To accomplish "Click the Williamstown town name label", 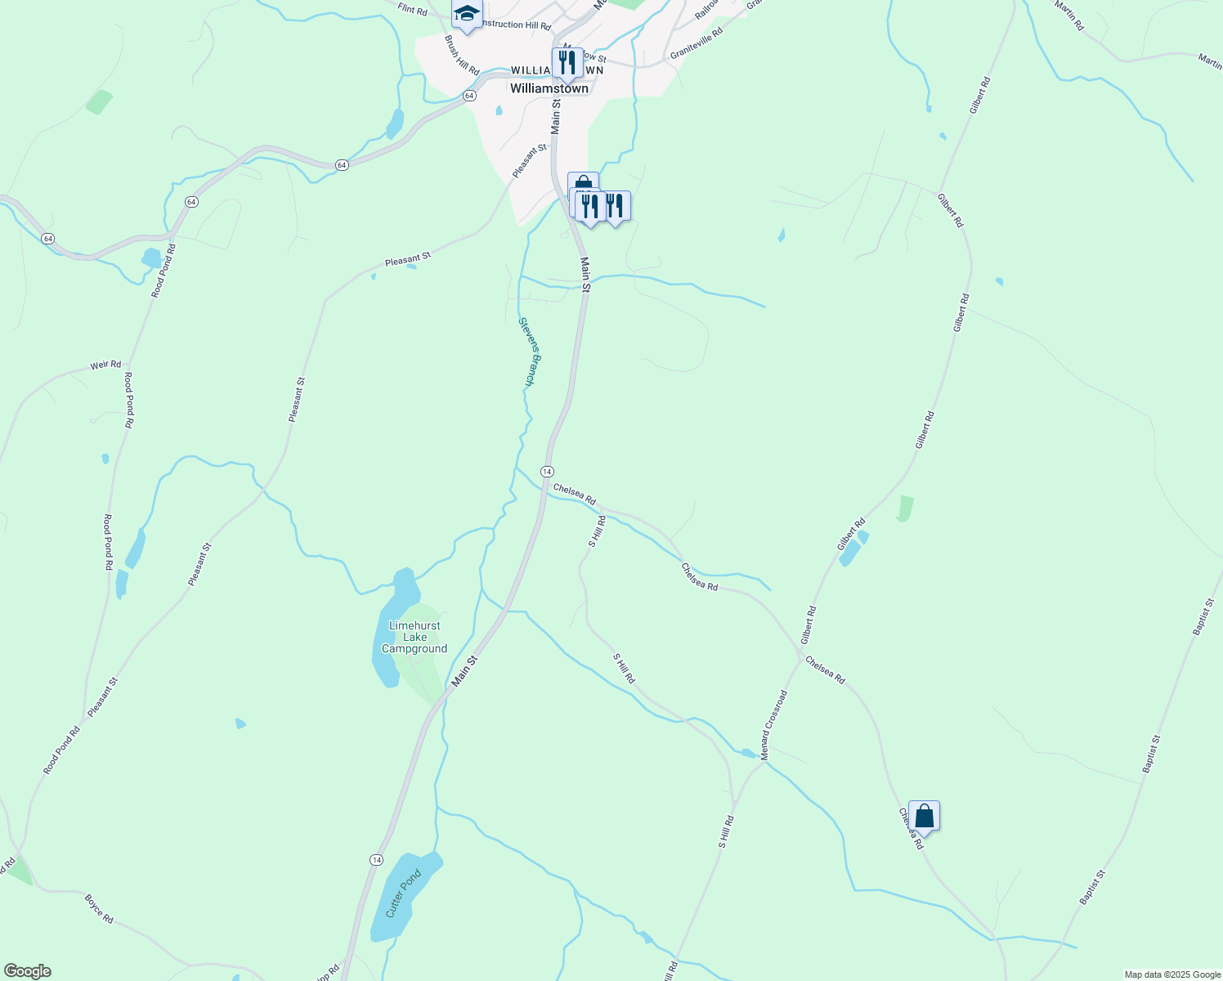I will click(549, 88).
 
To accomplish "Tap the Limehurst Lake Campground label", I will click(414, 637).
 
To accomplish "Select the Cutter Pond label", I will click(403, 894).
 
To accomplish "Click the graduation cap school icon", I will click(467, 14).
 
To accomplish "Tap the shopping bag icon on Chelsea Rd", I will click(924, 816).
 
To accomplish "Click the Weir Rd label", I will click(105, 365).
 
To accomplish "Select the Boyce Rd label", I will click(99, 908).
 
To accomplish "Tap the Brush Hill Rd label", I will click(462, 55).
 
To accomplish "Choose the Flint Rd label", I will click(412, 10).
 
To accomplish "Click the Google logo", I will click(27, 971).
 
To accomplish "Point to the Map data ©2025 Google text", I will click(1171, 974).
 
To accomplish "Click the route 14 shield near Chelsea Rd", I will click(547, 472).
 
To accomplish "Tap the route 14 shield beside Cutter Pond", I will click(376, 860).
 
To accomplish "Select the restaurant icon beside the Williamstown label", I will click(567, 62).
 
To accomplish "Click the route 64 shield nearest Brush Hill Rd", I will click(468, 96).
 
